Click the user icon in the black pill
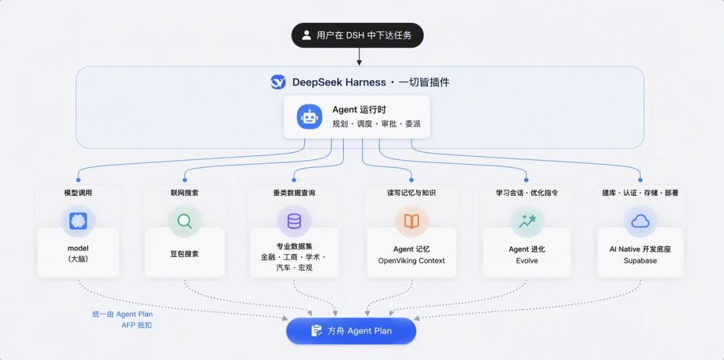306,35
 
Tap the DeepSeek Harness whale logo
278,82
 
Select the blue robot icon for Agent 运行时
309,117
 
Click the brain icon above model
78,221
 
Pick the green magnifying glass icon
185,221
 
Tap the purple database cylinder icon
294,221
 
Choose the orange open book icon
412,221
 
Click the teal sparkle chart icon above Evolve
527,221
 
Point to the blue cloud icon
640,222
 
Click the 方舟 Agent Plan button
351,331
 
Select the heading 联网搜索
185,193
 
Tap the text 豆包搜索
185,254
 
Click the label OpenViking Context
412,261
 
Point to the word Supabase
640,261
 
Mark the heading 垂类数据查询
294,193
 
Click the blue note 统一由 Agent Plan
123,314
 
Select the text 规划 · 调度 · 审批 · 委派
376,124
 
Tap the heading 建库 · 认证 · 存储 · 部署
640,193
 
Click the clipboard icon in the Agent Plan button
316,331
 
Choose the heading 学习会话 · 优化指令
527,193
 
